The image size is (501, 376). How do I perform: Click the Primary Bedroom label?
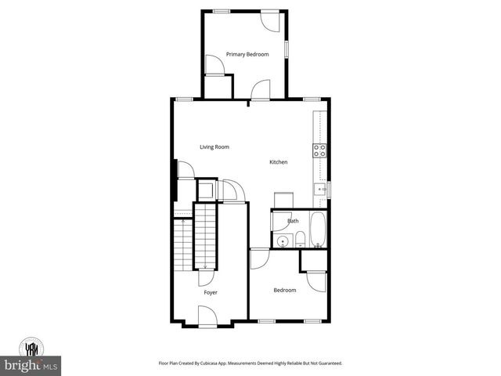tap(247, 54)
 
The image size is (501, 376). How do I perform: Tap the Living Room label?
tap(214, 146)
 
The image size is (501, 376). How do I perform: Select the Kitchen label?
tap(278, 162)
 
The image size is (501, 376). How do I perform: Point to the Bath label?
tap(293, 221)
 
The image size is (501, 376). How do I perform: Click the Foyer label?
tap(211, 292)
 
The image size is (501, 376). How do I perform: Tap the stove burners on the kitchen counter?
tap(320, 150)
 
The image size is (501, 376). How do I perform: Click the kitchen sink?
tap(320, 188)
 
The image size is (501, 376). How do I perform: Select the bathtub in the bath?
tap(319, 230)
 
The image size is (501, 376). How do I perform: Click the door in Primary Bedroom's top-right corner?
tap(270, 20)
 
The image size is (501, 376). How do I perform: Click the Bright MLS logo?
tap(31, 366)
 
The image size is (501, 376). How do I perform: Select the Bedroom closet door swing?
tap(317, 280)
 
